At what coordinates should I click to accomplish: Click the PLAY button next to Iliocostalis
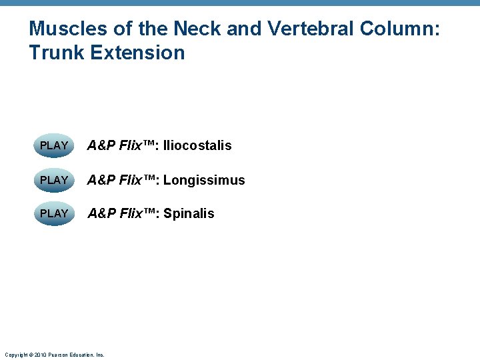[x=54, y=145]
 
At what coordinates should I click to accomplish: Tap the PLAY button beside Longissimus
[x=54, y=180]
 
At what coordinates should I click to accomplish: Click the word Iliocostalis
[x=197, y=145]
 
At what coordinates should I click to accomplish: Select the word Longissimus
[x=204, y=180]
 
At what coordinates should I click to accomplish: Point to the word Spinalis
[x=189, y=213]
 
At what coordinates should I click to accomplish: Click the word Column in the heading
[x=400, y=29]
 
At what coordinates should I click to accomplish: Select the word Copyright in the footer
[x=16, y=355]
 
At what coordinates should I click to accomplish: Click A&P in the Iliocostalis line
[x=101, y=145]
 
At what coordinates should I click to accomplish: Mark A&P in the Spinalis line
[x=101, y=213]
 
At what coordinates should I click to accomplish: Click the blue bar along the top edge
[x=240, y=3]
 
